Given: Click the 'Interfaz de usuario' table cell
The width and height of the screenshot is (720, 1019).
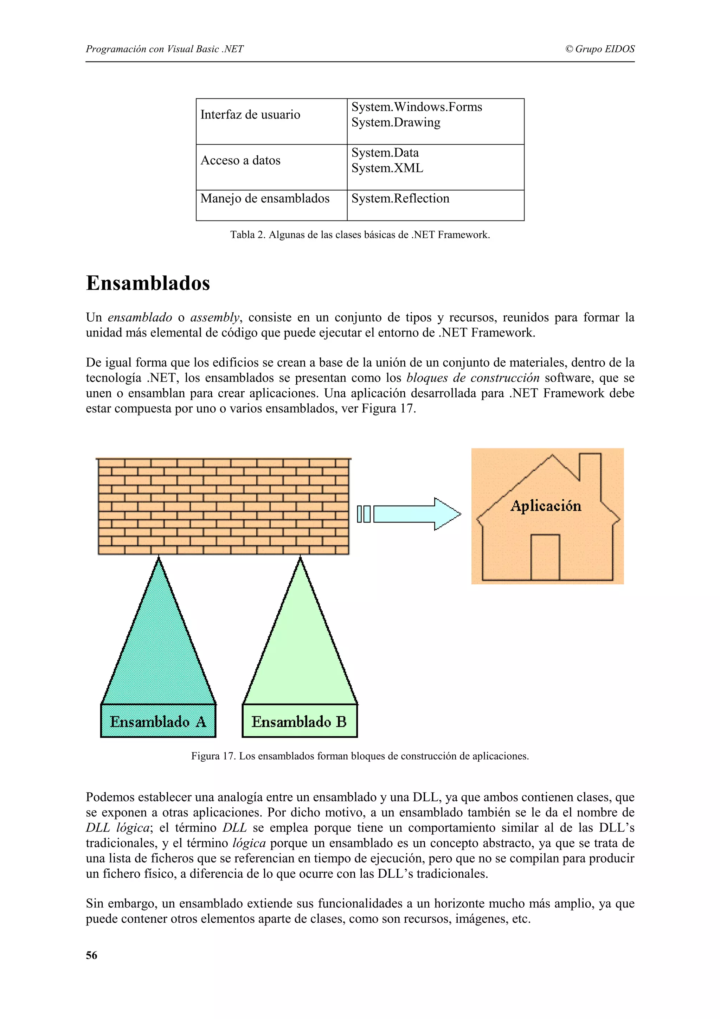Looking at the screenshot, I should [x=250, y=115].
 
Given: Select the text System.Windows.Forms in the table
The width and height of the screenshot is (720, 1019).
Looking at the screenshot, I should [x=417, y=107].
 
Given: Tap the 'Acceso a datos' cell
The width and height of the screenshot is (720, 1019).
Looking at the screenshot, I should [x=240, y=161].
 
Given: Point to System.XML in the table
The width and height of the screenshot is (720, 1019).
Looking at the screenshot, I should [x=387, y=168].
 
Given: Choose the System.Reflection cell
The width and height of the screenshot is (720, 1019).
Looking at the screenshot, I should [x=400, y=198].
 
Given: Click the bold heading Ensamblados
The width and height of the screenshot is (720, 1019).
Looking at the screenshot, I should [x=148, y=283].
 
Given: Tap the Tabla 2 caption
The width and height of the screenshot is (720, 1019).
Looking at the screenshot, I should [x=360, y=235].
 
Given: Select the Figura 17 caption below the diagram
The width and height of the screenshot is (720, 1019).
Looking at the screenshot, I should [x=360, y=756].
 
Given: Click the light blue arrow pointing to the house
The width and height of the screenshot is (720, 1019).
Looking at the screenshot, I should [x=417, y=514].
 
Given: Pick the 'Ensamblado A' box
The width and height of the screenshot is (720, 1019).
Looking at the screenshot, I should [x=158, y=722].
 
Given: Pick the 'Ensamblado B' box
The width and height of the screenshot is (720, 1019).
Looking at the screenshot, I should [x=300, y=722].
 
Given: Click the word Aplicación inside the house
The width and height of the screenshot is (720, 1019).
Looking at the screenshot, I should [x=546, y=506].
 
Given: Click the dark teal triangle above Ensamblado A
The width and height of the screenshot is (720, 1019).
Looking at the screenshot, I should [x=158, y=648].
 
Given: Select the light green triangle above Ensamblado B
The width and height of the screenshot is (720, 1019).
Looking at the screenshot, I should [x=300, y=648].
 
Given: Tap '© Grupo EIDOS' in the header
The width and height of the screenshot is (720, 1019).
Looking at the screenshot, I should [x=600, y=49].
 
